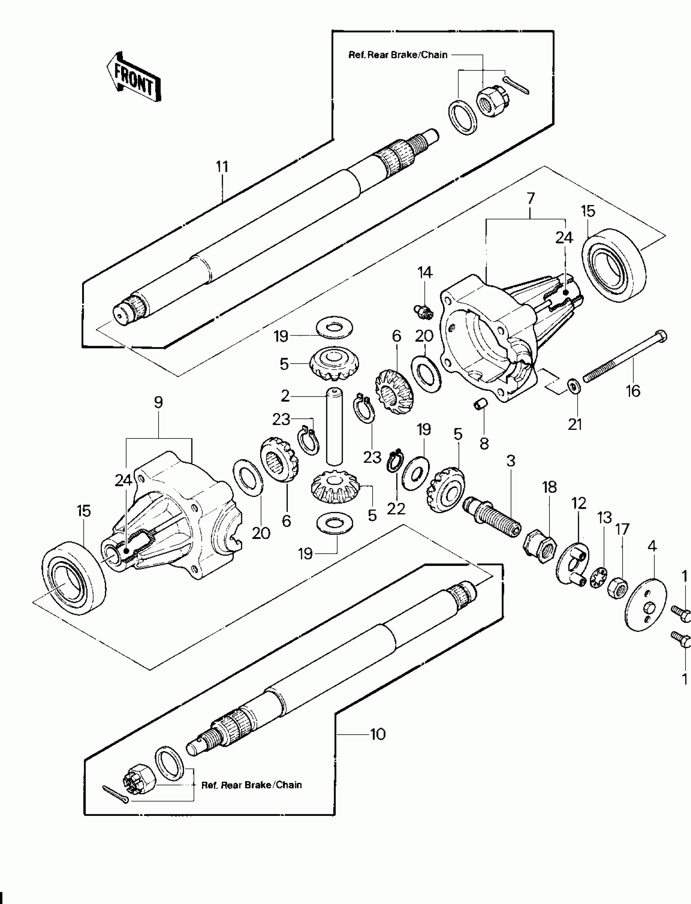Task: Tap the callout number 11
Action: click(222, 167)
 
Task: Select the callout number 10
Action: click(378, 734)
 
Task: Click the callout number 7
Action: click(530, 199)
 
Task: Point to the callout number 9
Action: click(159, 402)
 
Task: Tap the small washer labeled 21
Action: click(573, 386)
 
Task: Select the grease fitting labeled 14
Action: click(423, 311)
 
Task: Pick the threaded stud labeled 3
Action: click(493, 516)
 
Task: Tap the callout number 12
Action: click(579, 503)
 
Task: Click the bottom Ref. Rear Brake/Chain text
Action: click(251, 785)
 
